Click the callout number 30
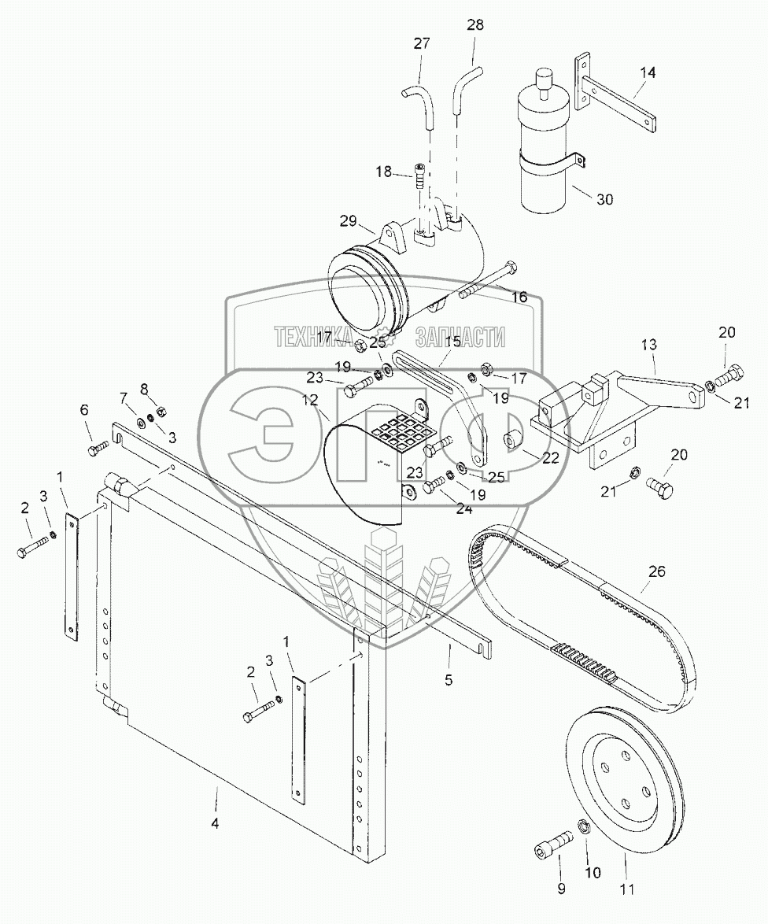(604, 200)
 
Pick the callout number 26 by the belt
(657, 571)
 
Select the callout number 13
(649, 346)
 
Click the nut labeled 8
(161, 410)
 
